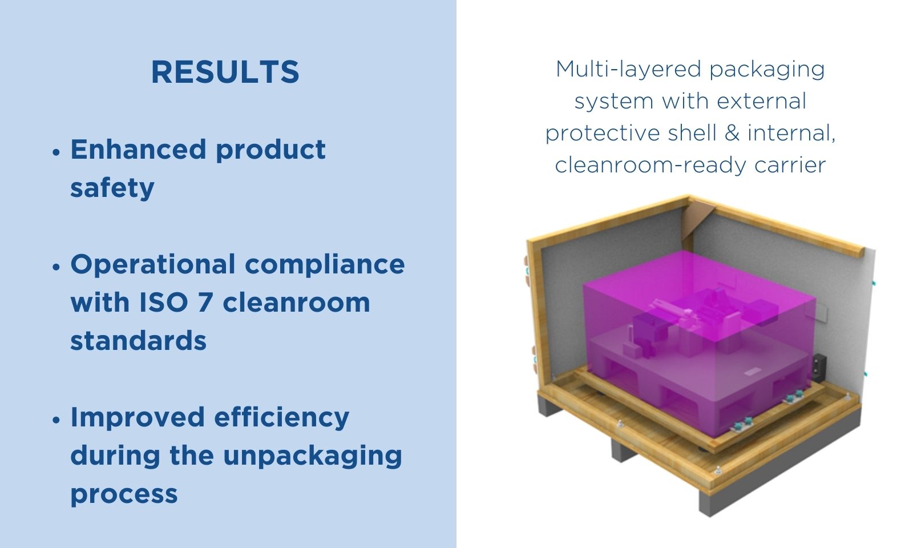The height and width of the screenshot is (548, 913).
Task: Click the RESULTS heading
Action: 225,72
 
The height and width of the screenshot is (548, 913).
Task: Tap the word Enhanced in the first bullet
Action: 138,149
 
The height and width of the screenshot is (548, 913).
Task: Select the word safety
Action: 112,188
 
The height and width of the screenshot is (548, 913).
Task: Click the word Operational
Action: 153,265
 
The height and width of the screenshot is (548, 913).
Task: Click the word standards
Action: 139,340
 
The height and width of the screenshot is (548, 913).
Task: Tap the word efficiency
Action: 282,418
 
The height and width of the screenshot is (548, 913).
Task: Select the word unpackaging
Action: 313,456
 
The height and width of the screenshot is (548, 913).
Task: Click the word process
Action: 124,494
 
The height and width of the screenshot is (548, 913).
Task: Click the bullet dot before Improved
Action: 56,420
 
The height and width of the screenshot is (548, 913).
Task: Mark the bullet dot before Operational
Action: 56,267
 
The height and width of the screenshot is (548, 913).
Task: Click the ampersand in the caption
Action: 732,133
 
